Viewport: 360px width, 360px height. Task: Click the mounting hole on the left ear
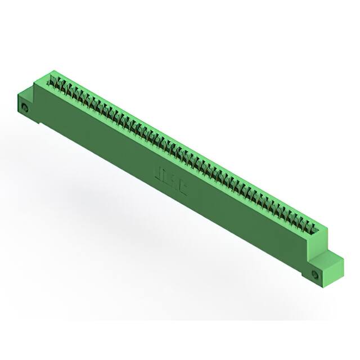click(25, 107)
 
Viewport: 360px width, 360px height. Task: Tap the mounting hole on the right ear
click(315, 274)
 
